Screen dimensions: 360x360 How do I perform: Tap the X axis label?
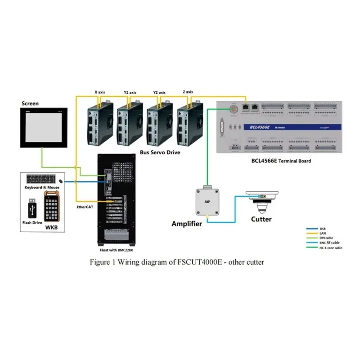[99, 92]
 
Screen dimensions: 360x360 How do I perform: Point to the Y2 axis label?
[159, 92]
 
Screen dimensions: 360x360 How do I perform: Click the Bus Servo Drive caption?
[160, 153]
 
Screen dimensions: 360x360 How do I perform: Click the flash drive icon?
[31, 209]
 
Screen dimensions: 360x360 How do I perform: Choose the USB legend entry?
[323, 229]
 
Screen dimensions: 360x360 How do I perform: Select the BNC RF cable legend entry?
[329, 243]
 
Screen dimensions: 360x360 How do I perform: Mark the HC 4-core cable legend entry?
[330, 247]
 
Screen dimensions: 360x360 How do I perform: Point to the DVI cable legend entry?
[327, 238]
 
